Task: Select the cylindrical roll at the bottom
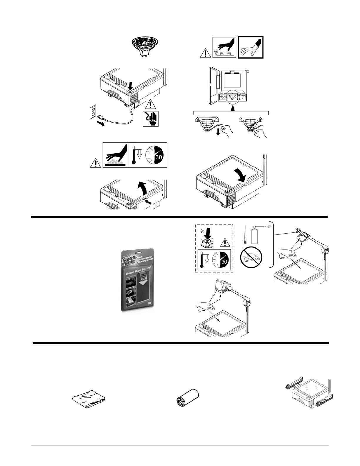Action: coord(187,399)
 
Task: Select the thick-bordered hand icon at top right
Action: coord(251,47)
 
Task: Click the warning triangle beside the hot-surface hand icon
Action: coord(96,162)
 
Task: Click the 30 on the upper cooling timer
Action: coord(159,157)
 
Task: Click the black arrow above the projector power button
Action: coord(130,86)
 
